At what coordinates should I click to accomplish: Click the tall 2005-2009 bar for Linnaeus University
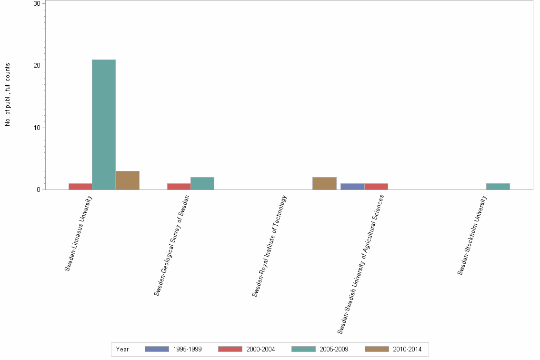pos(104,125)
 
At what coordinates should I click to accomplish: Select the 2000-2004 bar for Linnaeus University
pos(80,187)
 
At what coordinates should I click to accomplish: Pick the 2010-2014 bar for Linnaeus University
pos(127,180)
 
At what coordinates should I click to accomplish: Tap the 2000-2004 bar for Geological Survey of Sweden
pos(179,187)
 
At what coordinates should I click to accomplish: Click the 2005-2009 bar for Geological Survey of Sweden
pos(202,183)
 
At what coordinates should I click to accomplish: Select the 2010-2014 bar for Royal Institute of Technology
pos(324,183)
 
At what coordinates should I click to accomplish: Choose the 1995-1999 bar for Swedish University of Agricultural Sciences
pos(352,187)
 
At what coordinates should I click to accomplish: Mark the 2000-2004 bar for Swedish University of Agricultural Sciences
pos(376,187)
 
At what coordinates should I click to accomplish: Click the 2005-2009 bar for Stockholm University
pos(498,187)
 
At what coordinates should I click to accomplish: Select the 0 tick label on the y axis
pos(39,190)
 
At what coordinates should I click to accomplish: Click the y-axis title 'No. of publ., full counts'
pos(8,95)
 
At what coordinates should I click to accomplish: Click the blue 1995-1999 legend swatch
pos(157,349)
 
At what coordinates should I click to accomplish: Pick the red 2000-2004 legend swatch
pos(230,349)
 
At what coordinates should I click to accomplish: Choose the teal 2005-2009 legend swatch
pos(303,349)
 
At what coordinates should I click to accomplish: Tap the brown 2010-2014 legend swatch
pos(377,349)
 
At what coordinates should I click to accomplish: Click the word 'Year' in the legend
pos(122,350)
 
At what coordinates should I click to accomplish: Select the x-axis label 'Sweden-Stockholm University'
pos(472,235)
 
